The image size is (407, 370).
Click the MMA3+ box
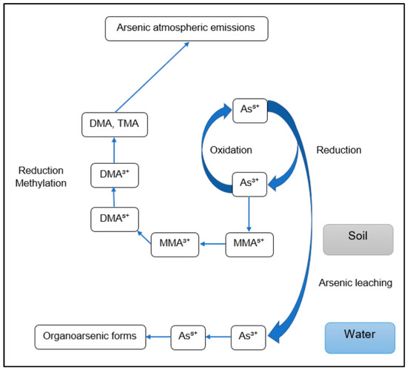[x=175, y=244]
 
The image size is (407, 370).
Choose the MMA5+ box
[x=250, y=244]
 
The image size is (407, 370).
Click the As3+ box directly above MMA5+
[x=249, y=182]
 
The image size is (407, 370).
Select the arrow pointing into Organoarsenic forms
[x=155, y=336]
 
